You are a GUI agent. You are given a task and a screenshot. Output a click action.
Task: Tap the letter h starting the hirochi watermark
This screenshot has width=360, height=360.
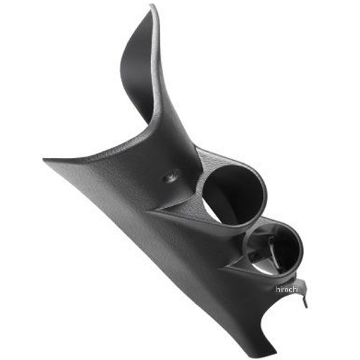(278, 289)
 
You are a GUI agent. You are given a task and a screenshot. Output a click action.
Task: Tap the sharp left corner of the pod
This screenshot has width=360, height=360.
(45, 160)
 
